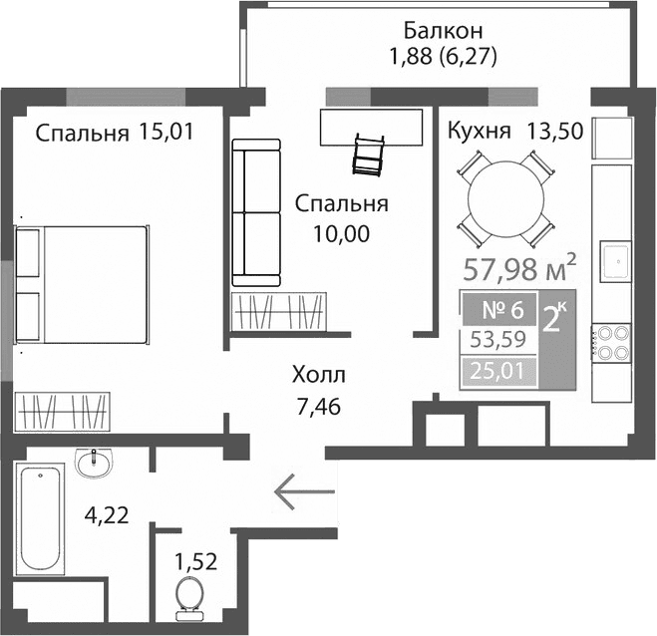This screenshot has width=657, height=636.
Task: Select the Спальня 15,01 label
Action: point(113,134)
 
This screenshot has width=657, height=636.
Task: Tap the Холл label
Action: point(319,376)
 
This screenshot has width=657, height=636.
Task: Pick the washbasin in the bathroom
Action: point(94,463)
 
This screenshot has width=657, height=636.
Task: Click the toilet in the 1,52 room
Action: point(187,596)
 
